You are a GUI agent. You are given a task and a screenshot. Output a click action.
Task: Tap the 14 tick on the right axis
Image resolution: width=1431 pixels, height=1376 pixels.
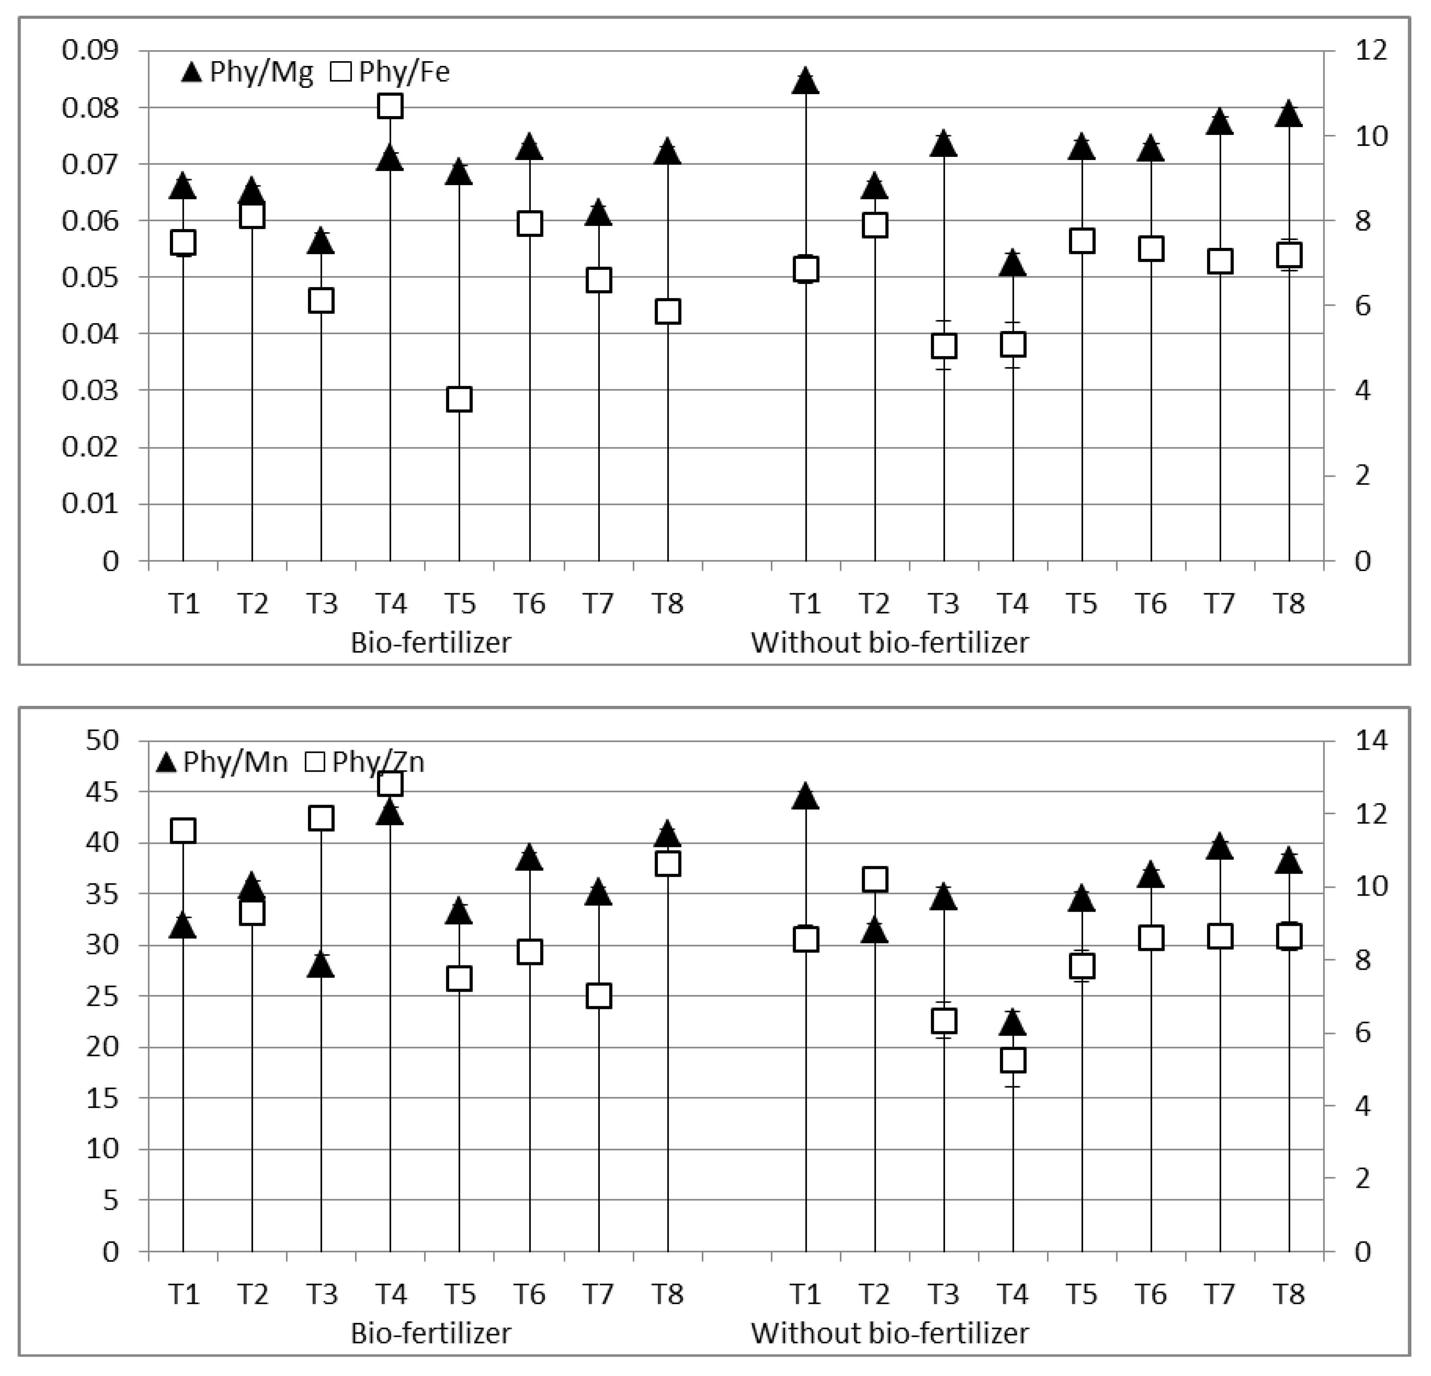click(1371, 740)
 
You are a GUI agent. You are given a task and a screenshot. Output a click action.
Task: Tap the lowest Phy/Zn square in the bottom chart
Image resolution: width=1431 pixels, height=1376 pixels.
click(1013, 1060)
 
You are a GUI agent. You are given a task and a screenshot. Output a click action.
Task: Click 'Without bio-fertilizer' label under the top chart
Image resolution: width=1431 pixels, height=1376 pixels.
click(889, 642)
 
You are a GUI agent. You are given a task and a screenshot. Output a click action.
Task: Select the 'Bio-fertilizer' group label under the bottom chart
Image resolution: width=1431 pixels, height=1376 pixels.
click(431, 1333)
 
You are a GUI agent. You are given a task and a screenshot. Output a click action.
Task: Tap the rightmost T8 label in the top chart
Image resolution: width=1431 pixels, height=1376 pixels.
click(1289, 603)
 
